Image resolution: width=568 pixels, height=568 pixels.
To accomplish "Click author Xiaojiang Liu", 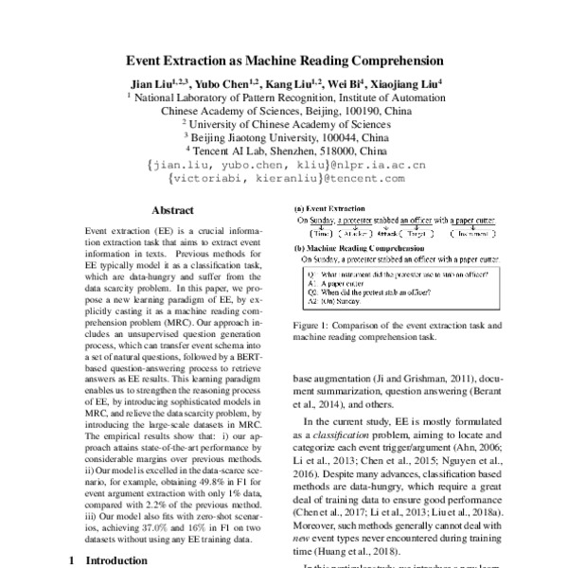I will tap(409, 82).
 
